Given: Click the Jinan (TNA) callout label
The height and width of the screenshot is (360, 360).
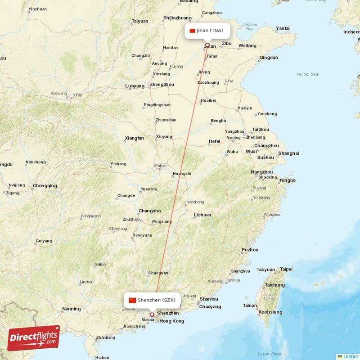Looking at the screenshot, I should click(207, 31).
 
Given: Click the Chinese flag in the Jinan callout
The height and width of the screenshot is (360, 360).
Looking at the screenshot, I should click(193, 31).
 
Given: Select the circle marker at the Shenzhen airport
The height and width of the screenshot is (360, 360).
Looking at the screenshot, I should click(152, 315).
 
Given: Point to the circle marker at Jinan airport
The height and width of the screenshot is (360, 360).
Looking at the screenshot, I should click(207, 45).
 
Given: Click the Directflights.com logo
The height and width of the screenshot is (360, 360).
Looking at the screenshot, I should click(34, 338).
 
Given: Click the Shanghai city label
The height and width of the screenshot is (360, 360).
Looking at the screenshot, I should click(288, 153).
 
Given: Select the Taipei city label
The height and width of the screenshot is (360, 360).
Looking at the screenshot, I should click(286, 269).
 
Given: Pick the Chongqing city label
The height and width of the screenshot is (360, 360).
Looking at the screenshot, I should click(45, 185).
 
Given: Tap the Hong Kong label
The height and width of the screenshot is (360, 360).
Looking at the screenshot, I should click(171, 321).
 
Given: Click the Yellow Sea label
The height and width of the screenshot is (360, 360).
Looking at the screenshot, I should click(307, 74).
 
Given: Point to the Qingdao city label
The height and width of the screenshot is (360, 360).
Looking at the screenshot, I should click(269, 58).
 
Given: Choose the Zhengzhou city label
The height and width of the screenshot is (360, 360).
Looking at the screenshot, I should click(162, 84).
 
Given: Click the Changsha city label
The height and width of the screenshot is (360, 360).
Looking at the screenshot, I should click(149, 211).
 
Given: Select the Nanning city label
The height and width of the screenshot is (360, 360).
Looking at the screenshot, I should click(72, 309).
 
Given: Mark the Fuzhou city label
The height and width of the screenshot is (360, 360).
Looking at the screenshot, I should click(250, 249).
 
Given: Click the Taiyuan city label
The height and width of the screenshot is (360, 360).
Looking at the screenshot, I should click(139, 21).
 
